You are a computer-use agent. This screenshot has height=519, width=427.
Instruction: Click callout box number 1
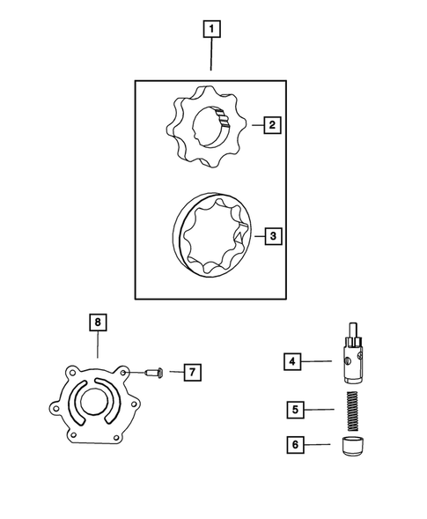[211, 28]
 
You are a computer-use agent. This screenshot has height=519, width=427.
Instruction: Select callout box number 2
[273, 125]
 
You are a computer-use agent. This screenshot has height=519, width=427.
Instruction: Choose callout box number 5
[296, 409]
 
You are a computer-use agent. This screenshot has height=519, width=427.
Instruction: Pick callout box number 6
[296, 445]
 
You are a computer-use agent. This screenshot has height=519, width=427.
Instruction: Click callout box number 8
[98, 323]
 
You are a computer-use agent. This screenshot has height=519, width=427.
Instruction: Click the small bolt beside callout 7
[155, 374]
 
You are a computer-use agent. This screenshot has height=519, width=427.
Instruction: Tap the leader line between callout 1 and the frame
[211, 58]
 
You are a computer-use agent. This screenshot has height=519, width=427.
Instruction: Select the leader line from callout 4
[319, 360]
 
